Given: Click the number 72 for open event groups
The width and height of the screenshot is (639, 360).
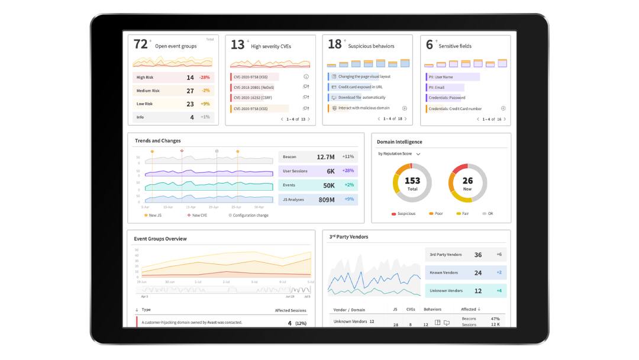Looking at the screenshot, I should click(x=140, y=44).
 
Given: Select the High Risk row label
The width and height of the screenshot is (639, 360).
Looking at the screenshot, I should click(x=145, y=78).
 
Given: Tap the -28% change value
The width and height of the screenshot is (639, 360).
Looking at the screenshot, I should click(x=205, y=78).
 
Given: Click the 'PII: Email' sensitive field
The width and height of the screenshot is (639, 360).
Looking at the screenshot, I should click(x=437, y=88).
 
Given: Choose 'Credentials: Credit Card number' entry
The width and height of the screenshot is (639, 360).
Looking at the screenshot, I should click(x=455, y=109).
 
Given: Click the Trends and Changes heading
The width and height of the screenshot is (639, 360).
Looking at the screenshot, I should click(x=158, y=141).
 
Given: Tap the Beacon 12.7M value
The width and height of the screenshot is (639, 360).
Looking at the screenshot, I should click(x=325, y=157).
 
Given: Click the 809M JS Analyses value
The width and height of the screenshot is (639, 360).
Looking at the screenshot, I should click(x=327, y=200).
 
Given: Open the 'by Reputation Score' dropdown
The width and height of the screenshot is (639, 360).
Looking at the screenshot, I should click(x=399, y=154).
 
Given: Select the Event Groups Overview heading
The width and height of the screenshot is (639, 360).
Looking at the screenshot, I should click(x=160, y=239).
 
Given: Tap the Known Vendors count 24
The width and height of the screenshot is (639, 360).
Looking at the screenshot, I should click(x=478, y=273).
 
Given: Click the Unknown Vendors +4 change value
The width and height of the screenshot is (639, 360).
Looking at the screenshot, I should click(x=499, y=291).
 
